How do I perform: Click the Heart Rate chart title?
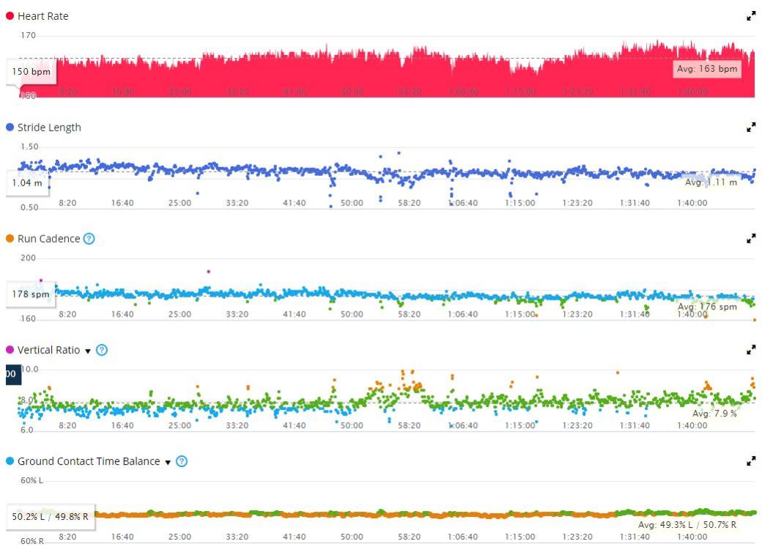pyautogui.click(x=42, y=16)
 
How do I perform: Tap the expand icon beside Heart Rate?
pyautogui.click(x=751, y=16)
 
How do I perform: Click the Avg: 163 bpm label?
pyautogui.click(x=707, y=69)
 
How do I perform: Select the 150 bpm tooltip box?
pyautogui.click(x=32, y=72)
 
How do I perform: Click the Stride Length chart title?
pyautogui.click(x=49, y=128)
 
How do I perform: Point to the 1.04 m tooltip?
pyautogui.click(x=27, y=183)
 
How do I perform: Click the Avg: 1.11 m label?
pyautogui.click(x=711, y=182)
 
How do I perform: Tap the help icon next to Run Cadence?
pyautogui.click(x=89, y=238)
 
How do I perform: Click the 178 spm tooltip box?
pyautogui.click(x=31, y=294)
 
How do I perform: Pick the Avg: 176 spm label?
pyautogui.click(x=707, y=306)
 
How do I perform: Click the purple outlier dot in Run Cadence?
pyautogui.click(x=209, y=271)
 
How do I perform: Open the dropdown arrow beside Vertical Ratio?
pyautogui.click(x=88, y=350)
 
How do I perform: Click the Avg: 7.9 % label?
pyautogui.click(x=714, y=414)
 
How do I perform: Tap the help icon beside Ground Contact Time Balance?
pyautogui.click(x=182, y=461)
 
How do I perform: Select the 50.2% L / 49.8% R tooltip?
pyautogui.click(x=50, y=516)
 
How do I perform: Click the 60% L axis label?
pyautogui.click(x=32, y=480)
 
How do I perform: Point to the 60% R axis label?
pyautogui.click(x=32, y=541)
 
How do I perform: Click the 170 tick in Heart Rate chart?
pyautogui.click(x=28, y=35)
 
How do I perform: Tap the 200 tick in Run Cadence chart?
pyautogui.click(x=28, y=258)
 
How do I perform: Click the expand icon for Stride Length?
pyautogui.click(x=751, y=128)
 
